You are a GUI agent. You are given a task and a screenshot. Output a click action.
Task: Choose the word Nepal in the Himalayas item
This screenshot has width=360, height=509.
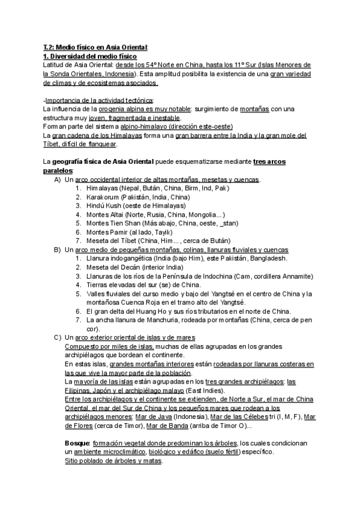pos(137,188)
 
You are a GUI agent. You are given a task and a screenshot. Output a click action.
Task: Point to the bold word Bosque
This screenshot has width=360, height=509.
pos(76,442)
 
